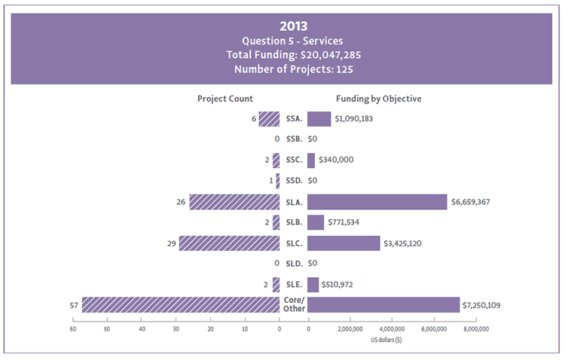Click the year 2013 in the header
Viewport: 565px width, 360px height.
282,25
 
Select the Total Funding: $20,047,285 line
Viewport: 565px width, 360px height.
282,54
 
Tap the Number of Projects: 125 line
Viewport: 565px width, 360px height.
282,69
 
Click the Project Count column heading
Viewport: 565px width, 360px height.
225,99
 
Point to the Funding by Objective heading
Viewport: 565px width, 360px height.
378,99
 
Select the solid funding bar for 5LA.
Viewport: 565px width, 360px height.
377,202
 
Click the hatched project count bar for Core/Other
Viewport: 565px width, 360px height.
181,304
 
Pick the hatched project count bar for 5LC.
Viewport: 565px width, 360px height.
229,243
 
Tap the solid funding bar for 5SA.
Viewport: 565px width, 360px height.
319,119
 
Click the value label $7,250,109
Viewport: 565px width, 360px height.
489,305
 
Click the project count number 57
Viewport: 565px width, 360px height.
73,305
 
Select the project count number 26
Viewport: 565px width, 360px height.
181,202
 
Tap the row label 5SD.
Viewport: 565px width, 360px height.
294,181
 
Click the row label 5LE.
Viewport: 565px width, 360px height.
294,284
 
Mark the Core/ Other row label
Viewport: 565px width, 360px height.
293,304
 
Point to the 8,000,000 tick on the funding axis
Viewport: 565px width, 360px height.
476,329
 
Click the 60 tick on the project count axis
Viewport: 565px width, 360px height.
73,329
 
